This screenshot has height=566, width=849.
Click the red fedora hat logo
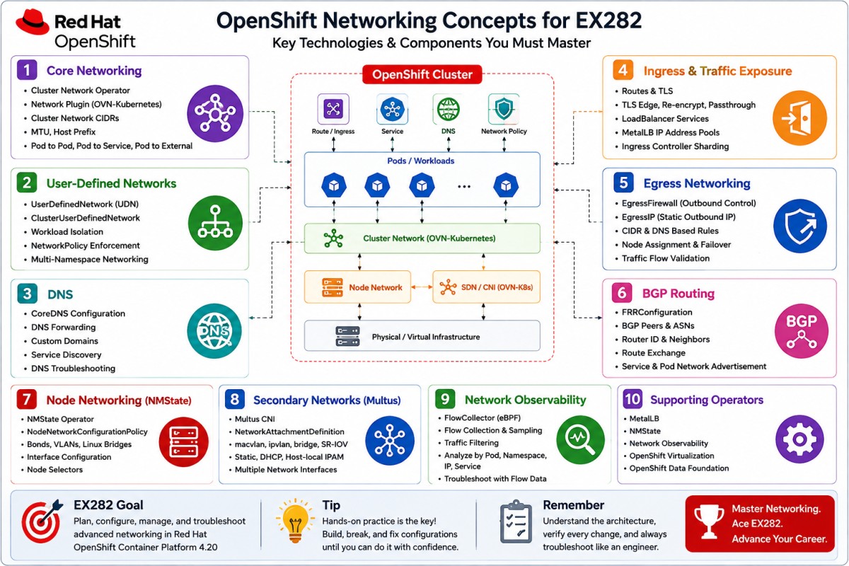tap(33, 22)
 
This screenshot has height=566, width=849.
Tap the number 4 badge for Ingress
tap(623, 70)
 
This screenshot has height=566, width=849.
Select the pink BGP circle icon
tap(801, 331)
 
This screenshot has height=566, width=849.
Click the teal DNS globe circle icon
tap(214, 331)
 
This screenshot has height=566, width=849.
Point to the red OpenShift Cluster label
tap(422, 74)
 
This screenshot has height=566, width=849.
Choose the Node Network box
tap(357, 287)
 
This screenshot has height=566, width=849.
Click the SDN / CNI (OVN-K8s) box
tap(486, 287)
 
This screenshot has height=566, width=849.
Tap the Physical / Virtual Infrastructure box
tap(422, 336)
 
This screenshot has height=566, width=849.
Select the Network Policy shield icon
tap(504, 109)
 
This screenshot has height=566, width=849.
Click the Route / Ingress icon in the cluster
tap(333, 109)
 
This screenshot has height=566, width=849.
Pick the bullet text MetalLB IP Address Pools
tap(671, 132)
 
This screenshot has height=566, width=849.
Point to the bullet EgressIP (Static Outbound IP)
tap(678, 216)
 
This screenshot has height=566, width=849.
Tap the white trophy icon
tap(708, 521)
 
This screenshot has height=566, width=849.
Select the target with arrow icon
tap(42, 521)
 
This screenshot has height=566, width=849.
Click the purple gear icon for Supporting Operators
tap(799, 439)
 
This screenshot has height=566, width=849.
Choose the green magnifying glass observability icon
tap(580, 440)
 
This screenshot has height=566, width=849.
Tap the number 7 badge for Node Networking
tap(27, 400)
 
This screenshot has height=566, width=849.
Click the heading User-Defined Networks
tap(112, 183)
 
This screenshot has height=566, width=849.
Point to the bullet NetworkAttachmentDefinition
tap(289, 432)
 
